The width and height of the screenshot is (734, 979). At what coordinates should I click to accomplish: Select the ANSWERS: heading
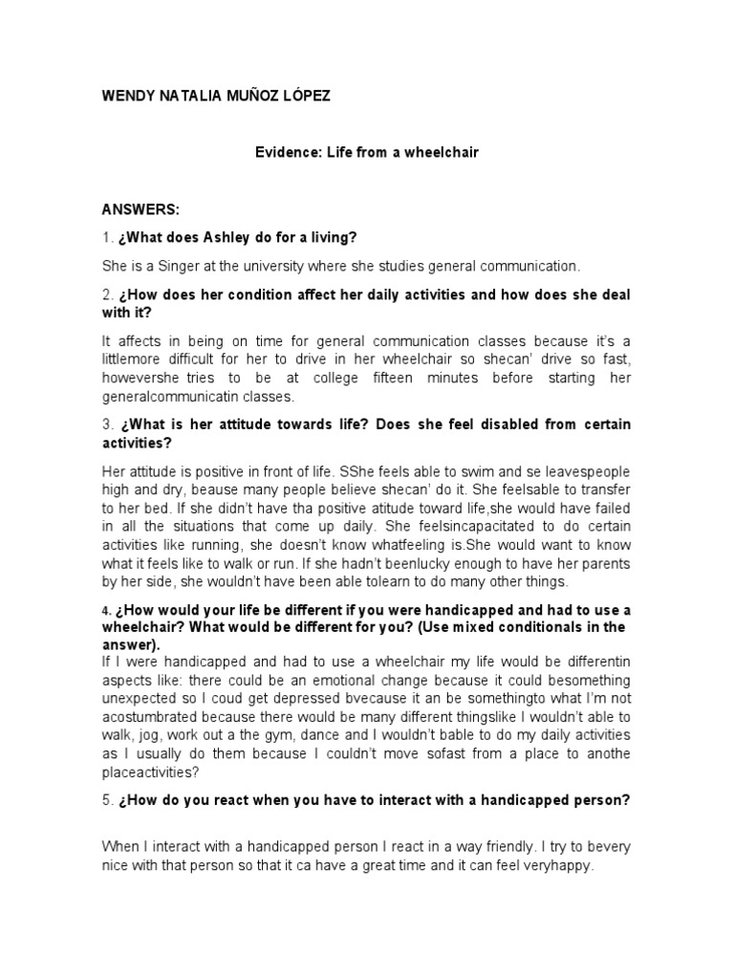(134, 208)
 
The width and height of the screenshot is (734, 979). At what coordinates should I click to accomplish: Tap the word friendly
(512, 847)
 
